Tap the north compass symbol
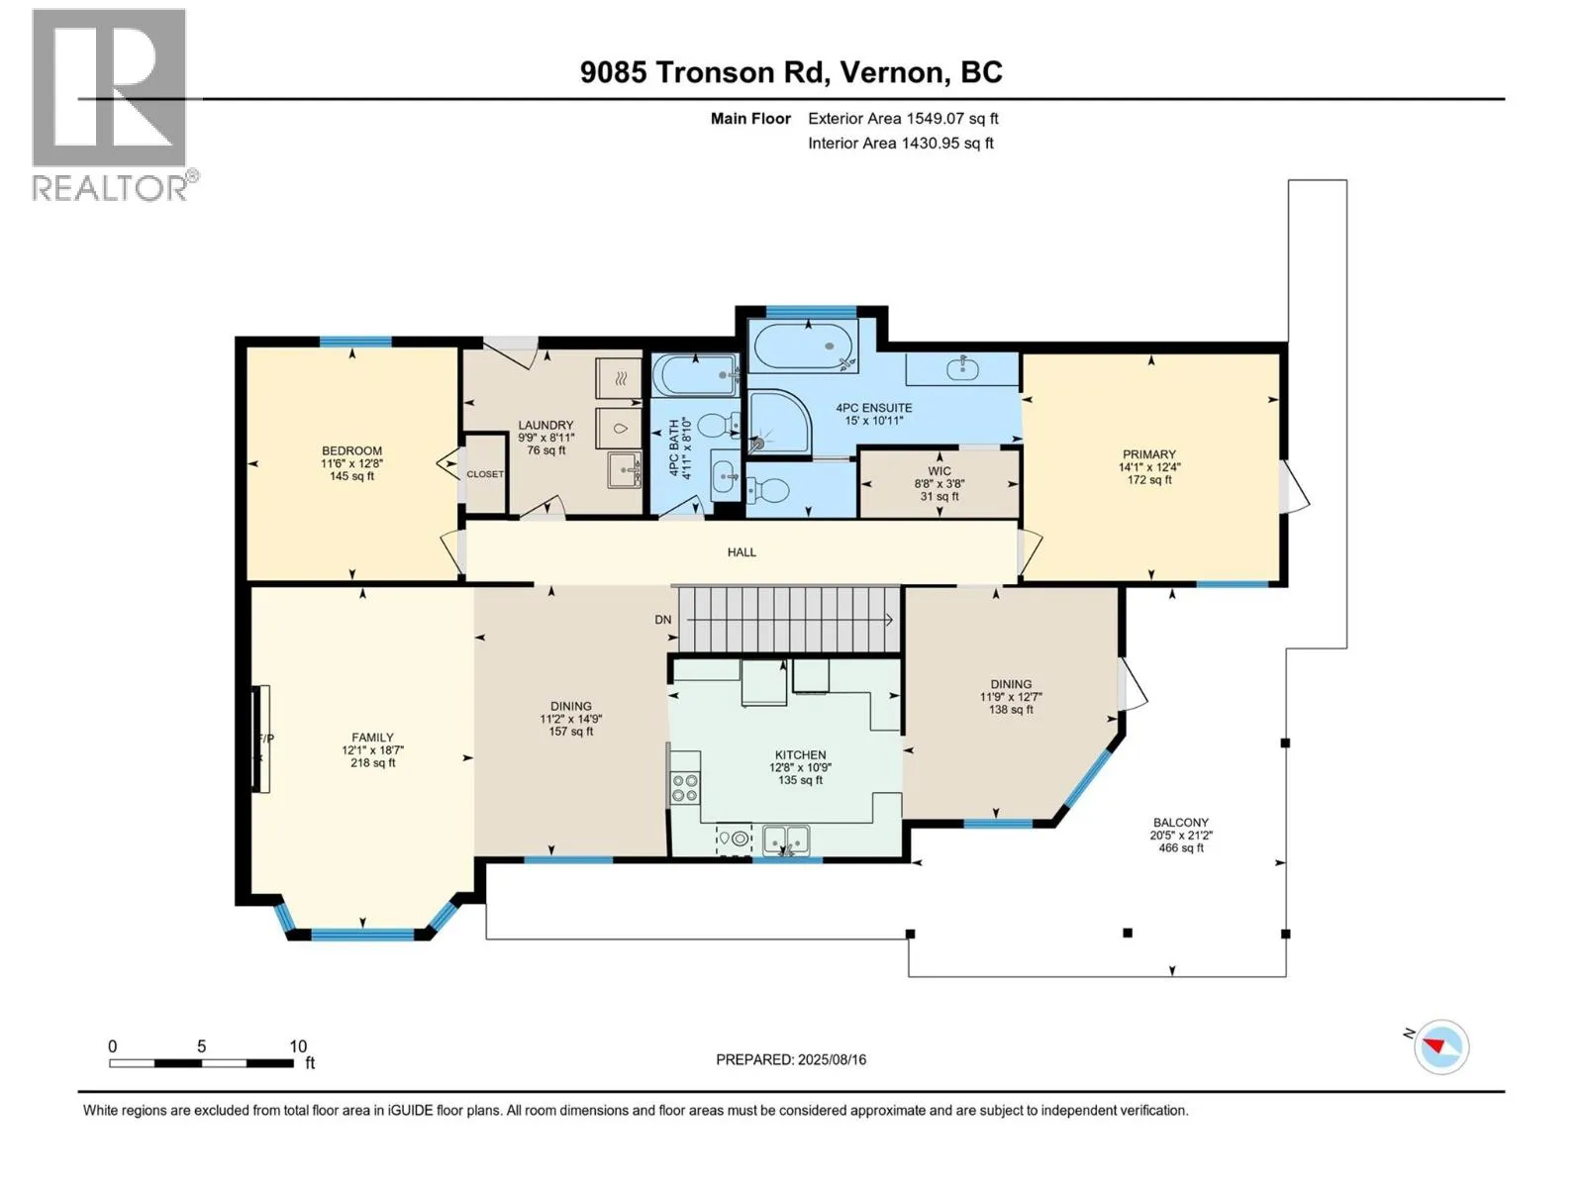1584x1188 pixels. pos(1440,1046)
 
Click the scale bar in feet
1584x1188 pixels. pos(202,1063)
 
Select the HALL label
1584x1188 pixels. pos(742,552)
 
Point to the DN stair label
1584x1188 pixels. pos(662,620)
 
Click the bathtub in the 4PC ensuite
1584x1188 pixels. pos(803,346)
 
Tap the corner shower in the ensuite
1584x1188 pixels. pos(779,422)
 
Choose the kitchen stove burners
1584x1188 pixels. pos(685,787)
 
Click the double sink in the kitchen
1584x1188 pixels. pos(787,840)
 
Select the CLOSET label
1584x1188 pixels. pos(485,474)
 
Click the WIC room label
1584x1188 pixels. pos(940,471)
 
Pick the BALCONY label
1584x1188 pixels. pos(1181,823)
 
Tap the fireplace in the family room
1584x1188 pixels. pos(259,739)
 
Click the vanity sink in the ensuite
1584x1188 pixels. pos(962,368)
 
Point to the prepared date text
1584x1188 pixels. pos(791,1059)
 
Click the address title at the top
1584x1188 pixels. pos(791,72)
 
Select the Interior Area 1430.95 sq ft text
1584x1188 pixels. pos(901,143)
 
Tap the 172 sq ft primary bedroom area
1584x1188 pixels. pos(1149,480)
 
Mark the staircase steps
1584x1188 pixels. pos(789,620)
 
